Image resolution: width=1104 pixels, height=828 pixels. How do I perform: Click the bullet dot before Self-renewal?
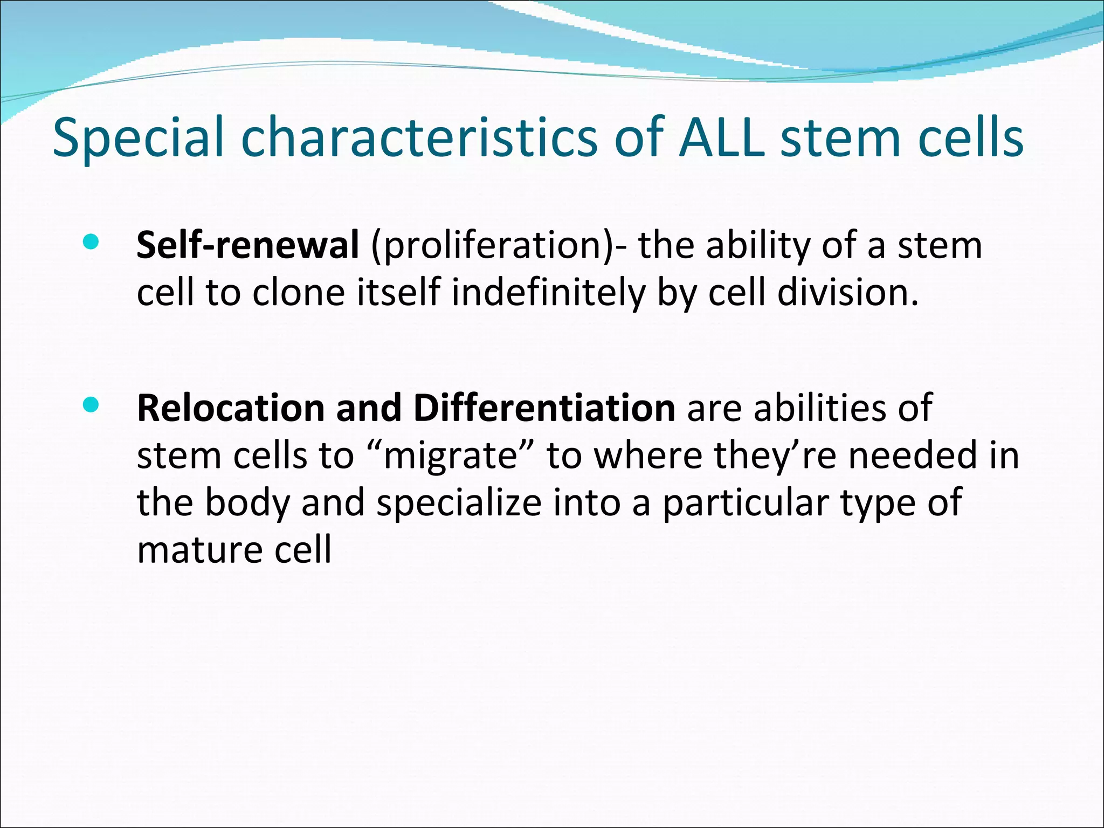coord(91,242)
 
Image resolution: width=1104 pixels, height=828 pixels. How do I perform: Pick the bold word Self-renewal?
coord(247,245)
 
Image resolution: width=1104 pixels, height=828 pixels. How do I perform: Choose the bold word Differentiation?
coord(544,408)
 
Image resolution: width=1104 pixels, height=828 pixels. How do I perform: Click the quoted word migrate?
coord(450,456)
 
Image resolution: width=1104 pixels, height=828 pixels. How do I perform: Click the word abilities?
coord(819,408)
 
